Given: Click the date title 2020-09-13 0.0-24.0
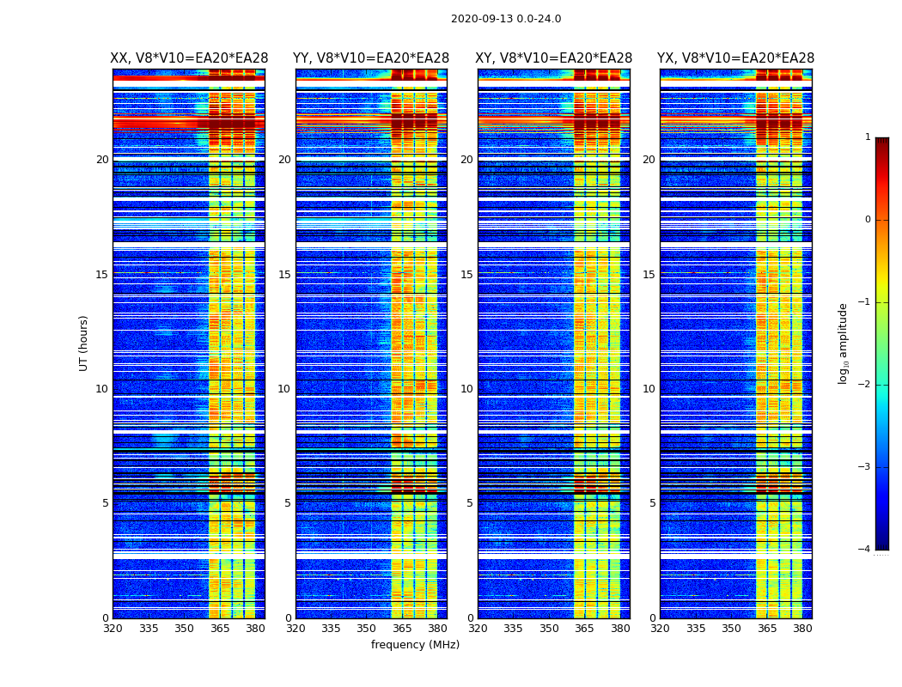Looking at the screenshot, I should coord(506,19).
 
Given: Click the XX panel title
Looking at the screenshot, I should coord(189,58).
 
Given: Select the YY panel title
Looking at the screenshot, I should coord(371,58).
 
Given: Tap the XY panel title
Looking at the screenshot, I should coord(553,58).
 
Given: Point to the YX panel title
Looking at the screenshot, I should coord(735,58).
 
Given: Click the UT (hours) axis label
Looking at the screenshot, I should coord(84,343).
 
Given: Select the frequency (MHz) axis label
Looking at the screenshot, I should coord(415,645).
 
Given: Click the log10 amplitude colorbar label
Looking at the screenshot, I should coord(844,343).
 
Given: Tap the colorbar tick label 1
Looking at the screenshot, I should coord(868,137).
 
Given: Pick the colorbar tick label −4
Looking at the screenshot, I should coord(866,550).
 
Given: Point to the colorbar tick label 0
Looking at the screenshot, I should coord(868,220).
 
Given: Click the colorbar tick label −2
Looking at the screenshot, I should coord(866,385).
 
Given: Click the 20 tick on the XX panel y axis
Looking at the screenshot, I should coord(102,160).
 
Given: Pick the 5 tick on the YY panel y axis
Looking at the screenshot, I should coord(288,503).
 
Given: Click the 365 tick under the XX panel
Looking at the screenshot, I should coord(220,629).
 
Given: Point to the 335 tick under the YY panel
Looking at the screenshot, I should coord(331,629).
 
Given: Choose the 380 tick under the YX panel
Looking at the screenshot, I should coord(802,629).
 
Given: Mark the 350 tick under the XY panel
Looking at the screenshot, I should coord(549,629).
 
